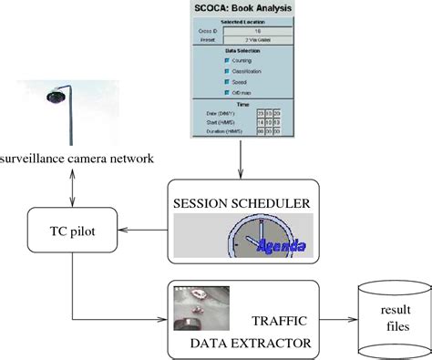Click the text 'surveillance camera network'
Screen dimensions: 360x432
[x=77, y=160]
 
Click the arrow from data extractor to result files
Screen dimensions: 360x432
[x=336, y=321]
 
